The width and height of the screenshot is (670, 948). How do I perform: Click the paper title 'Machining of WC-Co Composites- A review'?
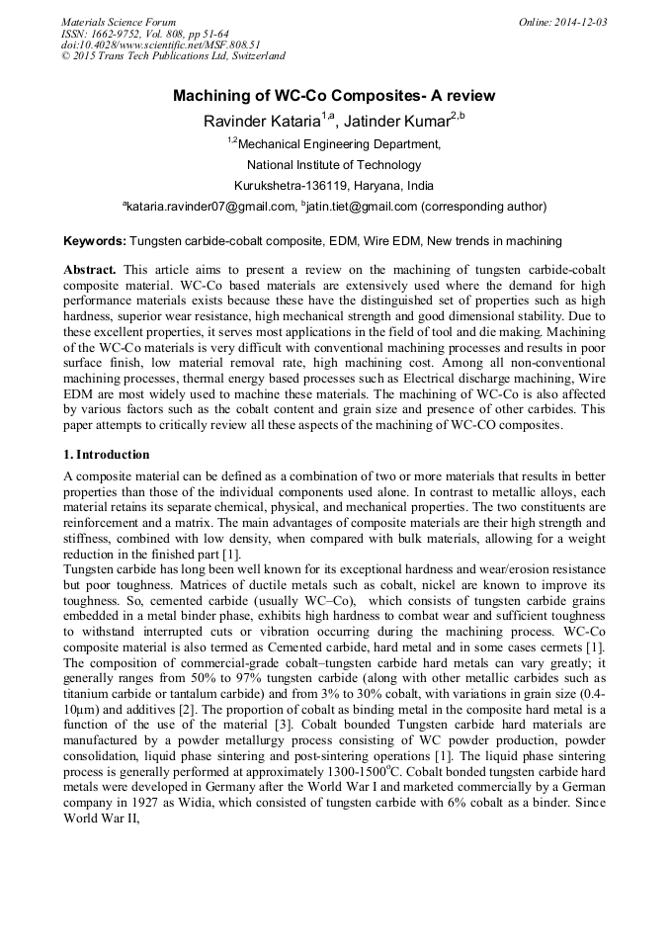[x=334, y=96]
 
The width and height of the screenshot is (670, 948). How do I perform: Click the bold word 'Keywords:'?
[x=95, y=240]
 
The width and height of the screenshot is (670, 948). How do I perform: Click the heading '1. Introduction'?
[x=107, y=455]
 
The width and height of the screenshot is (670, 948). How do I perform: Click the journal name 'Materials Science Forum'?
[x=119, y=21]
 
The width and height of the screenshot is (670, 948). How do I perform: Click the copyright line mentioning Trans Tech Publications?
[x=172, y=56]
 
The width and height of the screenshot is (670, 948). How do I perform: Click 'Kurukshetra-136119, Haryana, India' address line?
[x=334, y=185]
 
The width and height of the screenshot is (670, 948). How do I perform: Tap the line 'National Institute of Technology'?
[x=334, y=164]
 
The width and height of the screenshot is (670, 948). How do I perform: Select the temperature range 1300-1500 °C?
[x=332, y=764]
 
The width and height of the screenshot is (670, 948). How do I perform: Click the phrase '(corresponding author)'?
[x=484, y=207]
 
